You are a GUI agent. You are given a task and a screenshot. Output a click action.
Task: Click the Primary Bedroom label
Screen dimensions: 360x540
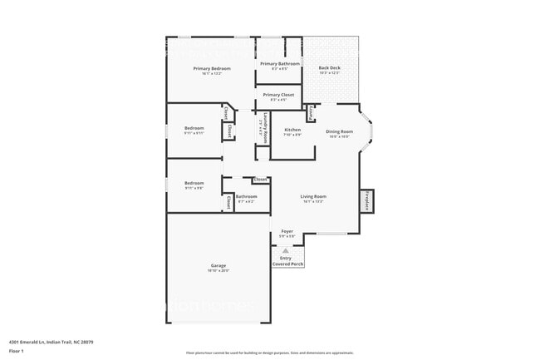tap(211, 68)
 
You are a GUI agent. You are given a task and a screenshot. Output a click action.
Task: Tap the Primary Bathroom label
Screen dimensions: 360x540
tap(279, 64)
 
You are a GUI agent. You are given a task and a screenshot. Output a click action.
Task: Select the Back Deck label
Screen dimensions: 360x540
tap(330, 68)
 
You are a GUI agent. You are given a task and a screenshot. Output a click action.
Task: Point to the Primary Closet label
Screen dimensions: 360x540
tap(279, 95)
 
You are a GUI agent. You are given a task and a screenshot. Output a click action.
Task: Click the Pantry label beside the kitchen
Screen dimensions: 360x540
tap(311, 113)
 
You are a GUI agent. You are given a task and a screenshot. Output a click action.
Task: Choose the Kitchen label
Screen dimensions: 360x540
tap(292, 131)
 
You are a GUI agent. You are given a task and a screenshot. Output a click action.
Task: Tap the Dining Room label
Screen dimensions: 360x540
tap(339, 131)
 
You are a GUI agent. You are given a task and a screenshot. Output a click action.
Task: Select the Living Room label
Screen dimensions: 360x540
tap(312, 196)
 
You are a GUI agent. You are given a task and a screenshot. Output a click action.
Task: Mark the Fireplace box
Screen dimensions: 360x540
tap(366, 201)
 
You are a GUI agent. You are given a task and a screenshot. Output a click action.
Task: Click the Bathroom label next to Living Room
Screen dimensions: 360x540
tap(246, 196)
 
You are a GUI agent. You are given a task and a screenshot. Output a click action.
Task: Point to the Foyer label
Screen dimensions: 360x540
tap(287, 231)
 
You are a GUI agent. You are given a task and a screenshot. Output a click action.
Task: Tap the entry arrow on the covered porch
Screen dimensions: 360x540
tap(287, 249)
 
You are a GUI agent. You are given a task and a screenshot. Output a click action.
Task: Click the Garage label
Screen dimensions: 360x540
tap(218, 266)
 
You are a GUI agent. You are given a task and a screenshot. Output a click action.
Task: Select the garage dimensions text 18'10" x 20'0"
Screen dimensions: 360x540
tap(218, 271)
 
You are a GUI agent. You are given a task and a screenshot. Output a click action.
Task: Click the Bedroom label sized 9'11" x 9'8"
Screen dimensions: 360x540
tap(194, 183)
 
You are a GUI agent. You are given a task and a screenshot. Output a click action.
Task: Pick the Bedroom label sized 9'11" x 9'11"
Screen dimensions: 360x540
tap(194, 128)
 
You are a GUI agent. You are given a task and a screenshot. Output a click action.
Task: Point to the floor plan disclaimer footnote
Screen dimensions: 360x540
tap(270, 353)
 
